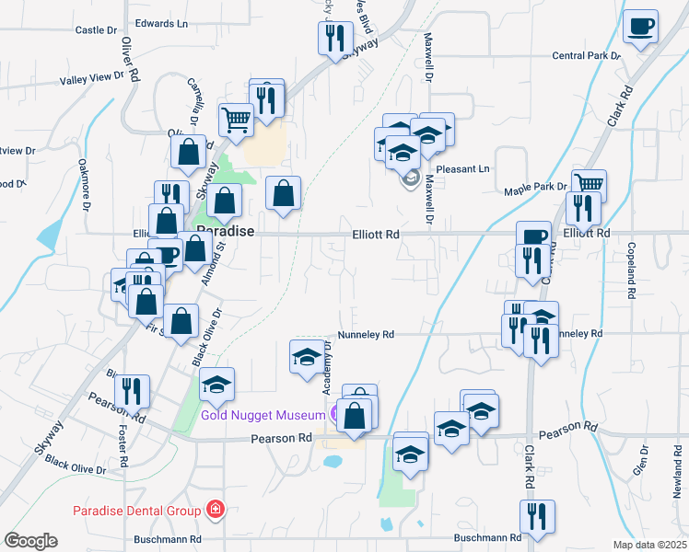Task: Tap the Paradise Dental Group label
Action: tap(138, 510)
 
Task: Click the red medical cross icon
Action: tap(216, 509)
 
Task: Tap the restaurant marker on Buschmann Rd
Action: tap(535, 517)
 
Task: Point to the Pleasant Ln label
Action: tap(462, 169)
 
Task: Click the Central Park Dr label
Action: tap(586, 56)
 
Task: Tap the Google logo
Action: tap(31, 541)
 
